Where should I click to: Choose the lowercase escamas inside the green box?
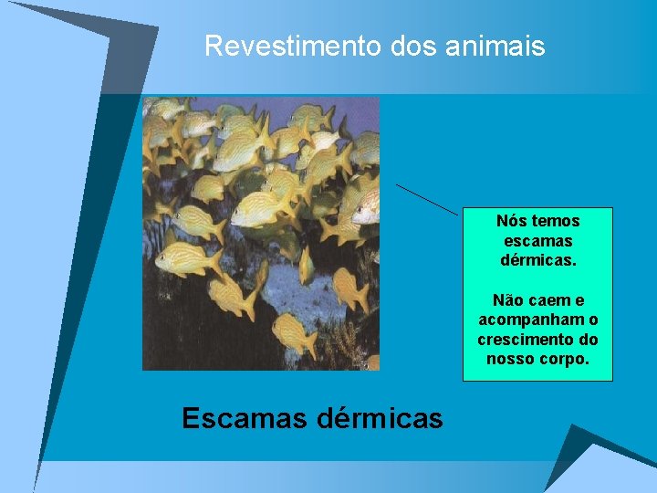tap(538, 241)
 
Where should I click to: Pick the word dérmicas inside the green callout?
tap(538, 260)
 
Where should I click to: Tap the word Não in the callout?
tap(509, 300)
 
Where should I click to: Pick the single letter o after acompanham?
tap(594, 320)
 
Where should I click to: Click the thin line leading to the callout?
tap(426, 199)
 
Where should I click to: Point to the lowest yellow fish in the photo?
tap(294, 334)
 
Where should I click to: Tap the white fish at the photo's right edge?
tap(367, 209)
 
